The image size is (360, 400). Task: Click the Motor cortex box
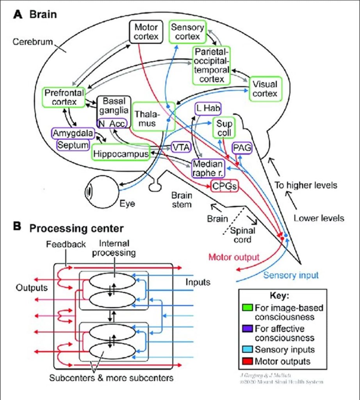146,32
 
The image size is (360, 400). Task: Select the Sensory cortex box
187,32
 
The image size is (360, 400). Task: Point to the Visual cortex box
265,89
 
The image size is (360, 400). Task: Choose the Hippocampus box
121,154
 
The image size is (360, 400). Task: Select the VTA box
180,147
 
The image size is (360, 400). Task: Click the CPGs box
224,186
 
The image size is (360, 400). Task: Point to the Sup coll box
224,129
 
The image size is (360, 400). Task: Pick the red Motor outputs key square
247,361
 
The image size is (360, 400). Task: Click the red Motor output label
234,258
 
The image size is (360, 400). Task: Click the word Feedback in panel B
66,245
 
